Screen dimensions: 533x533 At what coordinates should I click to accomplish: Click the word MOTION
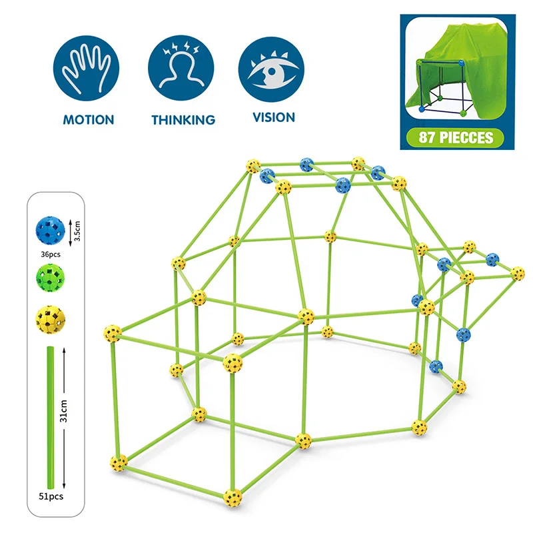click(x=88, y=120)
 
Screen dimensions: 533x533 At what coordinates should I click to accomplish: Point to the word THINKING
click(x=183, y=120)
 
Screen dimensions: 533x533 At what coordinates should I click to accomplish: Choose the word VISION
click(x=273, y=117)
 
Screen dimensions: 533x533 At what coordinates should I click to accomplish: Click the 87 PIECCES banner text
click(x=456, y=138)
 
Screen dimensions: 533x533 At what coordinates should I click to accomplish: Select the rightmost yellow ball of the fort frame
click(x=518, y=272)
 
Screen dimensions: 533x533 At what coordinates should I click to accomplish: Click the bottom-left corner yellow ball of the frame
click(x=119, y=460)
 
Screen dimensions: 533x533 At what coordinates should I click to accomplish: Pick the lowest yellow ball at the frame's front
click(x=233, y=495)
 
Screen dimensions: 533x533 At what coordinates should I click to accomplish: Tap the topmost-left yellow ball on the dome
click(x=253, y=165)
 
